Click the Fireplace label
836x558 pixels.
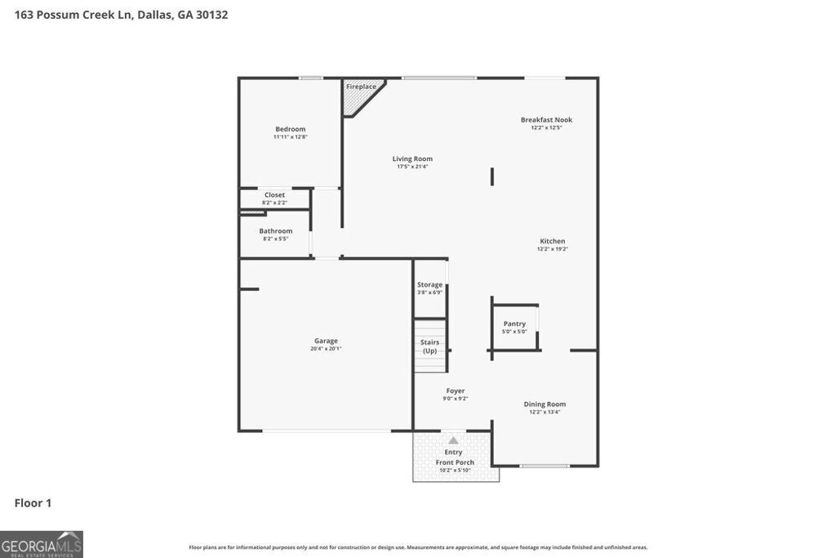tap(361, 87)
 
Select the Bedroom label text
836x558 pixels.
tap(290, 129)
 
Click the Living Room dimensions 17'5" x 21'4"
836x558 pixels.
tap(412, 167)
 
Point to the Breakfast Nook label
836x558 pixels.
tap(546, 120)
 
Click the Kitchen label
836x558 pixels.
tap(552, 241)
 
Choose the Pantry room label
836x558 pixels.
tap(514, 324)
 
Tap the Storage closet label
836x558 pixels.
tap(429, 284)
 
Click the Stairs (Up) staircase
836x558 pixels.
tap(429, 346)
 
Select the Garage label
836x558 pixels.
tap(326, 341)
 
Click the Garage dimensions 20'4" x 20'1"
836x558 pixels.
tap(326, 349)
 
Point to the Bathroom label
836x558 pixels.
tap(275, 231)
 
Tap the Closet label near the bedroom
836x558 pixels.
tap(274, 194)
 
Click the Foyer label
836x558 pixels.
tap(455, 391)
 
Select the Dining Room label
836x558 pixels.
tap(545, 404)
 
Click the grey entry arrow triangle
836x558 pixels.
tap(453, 440)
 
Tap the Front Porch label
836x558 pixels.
tap(454, 462)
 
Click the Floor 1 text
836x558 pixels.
tap(33, 503)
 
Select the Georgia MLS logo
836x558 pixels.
tap(42, 544)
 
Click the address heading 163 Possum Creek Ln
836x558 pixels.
tap(121, 15)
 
